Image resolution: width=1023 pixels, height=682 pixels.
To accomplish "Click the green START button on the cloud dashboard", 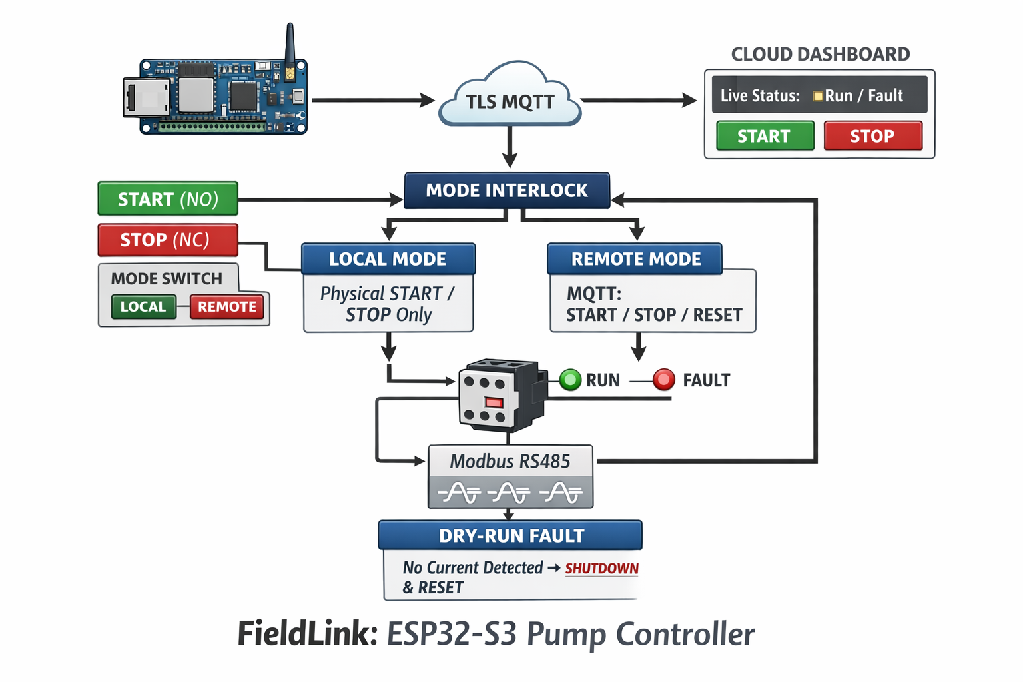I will [x=765, y=136].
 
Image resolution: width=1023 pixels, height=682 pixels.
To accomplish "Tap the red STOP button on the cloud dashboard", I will [x=872, y=136].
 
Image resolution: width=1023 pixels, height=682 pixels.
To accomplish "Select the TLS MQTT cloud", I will [x=510, y=100].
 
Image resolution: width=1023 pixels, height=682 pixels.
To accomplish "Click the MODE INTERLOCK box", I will [x=507, y=191].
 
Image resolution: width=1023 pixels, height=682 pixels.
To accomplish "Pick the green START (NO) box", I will [x=168, y=199].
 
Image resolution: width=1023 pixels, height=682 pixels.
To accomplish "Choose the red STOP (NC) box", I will [x=168, y=240].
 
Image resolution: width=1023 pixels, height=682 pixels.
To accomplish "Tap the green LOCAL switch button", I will [x=143, y=307].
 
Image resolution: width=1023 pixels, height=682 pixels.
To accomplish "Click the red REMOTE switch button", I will [x=227, y=307].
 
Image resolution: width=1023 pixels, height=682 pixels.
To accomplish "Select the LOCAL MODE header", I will [x=388, y=259].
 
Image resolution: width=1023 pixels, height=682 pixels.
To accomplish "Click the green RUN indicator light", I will [x=570, y=380].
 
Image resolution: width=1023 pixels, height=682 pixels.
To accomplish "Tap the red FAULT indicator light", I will [x=663, y=380].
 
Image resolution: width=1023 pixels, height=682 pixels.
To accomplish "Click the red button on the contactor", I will [x=494, y=402].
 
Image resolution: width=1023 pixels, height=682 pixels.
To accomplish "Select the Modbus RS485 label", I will [x=510, y=461].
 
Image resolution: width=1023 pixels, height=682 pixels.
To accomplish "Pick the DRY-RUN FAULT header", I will [x=511, y=535].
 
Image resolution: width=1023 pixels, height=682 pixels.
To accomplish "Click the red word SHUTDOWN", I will [x=601, y=569].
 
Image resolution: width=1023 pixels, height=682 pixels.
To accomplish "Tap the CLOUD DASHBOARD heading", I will [x=820, y=54].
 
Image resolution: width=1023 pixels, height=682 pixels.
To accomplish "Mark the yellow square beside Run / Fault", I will [x=818, y=97].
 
